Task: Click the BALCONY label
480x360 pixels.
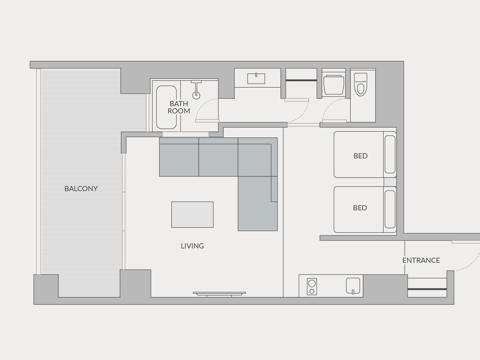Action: point(81,189)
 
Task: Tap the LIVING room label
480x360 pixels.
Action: point(192,246)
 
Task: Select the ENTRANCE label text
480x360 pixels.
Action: point(421,260)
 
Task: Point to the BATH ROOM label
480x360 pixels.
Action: point(179,107)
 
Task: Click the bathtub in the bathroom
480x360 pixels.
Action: point(166,107)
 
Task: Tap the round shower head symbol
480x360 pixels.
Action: point(196,95)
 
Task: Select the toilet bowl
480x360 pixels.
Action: point(360,84)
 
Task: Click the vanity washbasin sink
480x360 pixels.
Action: point(256,78)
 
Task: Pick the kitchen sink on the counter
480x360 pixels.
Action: point(353,286)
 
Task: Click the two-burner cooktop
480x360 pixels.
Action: point(312,286)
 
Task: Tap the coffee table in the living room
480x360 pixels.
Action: point(192,214)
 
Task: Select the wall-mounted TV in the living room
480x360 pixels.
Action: point(219,294)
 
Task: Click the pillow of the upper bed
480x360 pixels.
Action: point(390,154)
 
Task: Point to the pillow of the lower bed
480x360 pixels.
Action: point(390,209)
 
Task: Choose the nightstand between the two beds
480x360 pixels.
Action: point(390,182)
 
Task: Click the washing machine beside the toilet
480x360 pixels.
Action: point(333,85)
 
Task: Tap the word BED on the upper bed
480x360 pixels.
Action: point(360,156)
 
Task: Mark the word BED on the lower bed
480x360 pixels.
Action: point(360,208)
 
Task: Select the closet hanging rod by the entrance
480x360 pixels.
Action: point(427,289)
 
